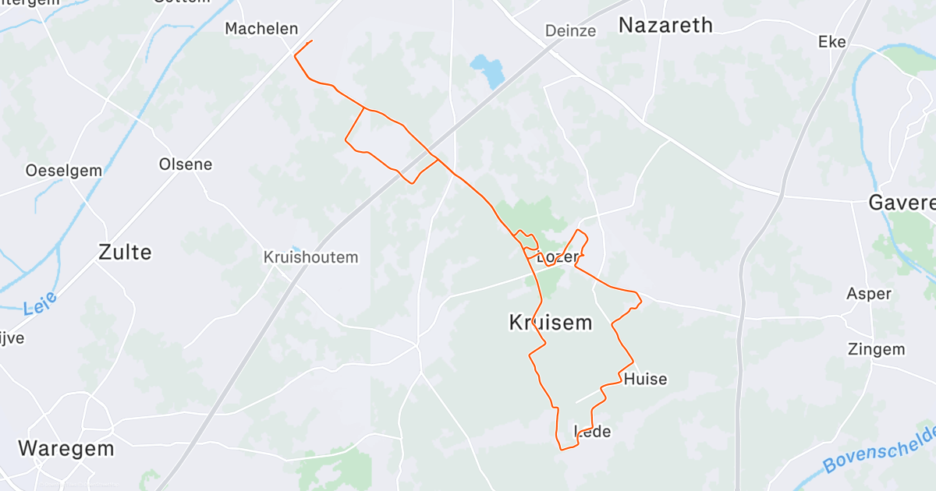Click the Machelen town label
[x=261, y=29]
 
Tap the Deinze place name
[x=570, y=31]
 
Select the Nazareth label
[x=665, y=25]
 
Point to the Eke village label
[x=831, y=42]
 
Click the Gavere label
[x=902, y=203]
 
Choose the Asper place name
[x=868, y=294]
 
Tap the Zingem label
[x=877, y=349]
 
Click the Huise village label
[x=645, y=380]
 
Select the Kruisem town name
[x=550, y=323]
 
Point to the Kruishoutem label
[x=310, y=257]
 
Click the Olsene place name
[x=186, y=164]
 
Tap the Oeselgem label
[x=53, y=170]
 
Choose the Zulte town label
[x=125, y=252]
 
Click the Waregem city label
[x=66, y=449]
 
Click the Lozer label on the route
[x=558, y=257]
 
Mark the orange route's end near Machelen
[x=312, y=41]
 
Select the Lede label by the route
[x=593, y=432]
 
